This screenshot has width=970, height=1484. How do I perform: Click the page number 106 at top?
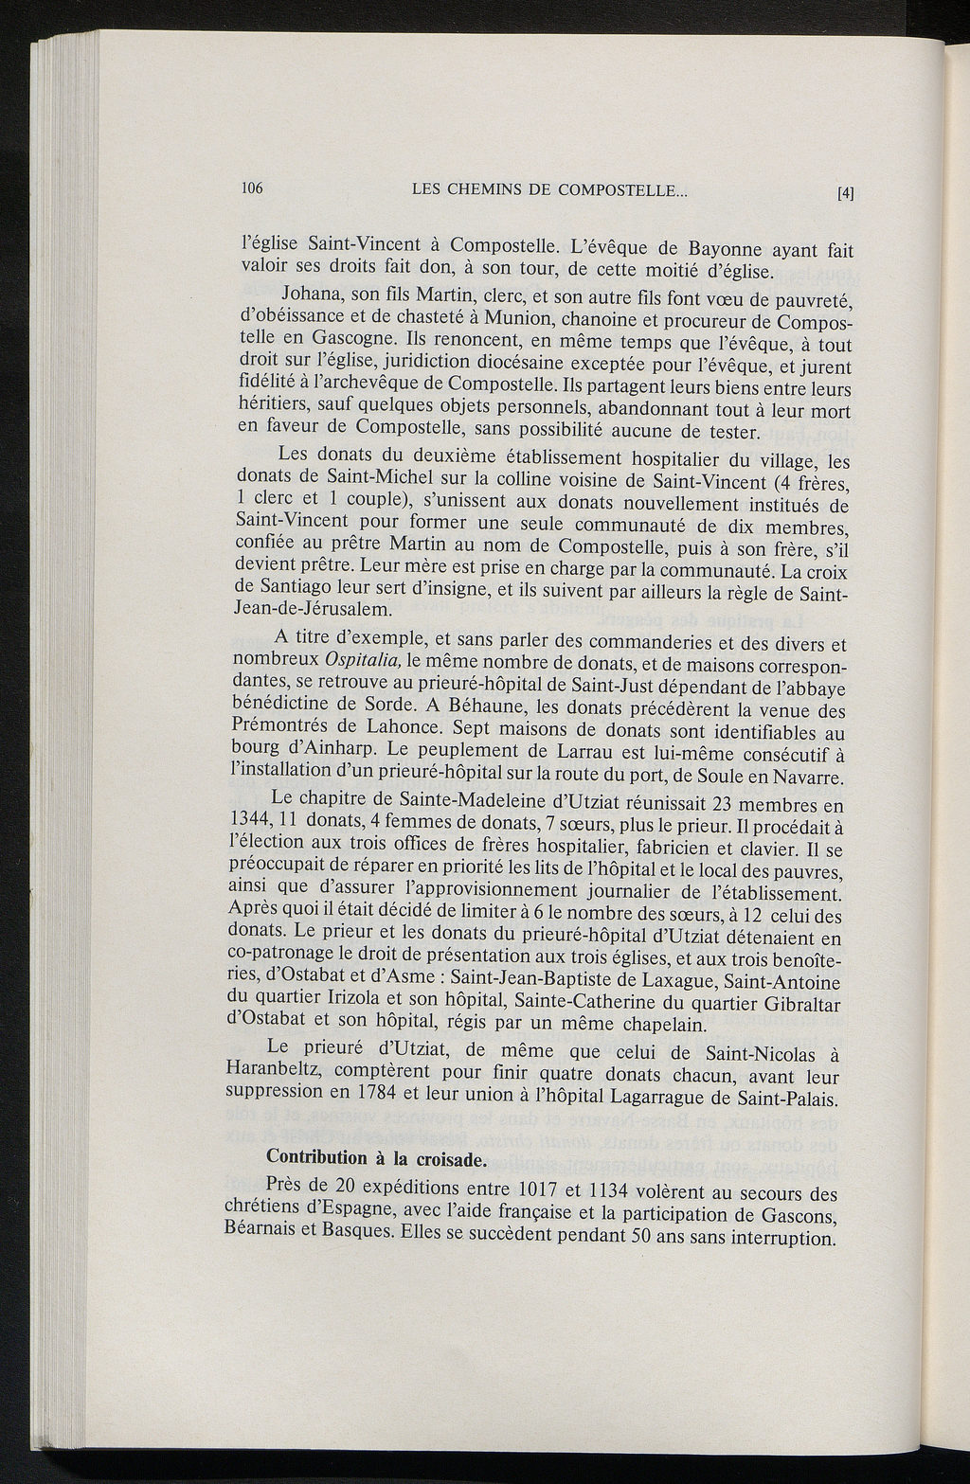251,188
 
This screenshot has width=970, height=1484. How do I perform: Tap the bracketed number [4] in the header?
845,194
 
